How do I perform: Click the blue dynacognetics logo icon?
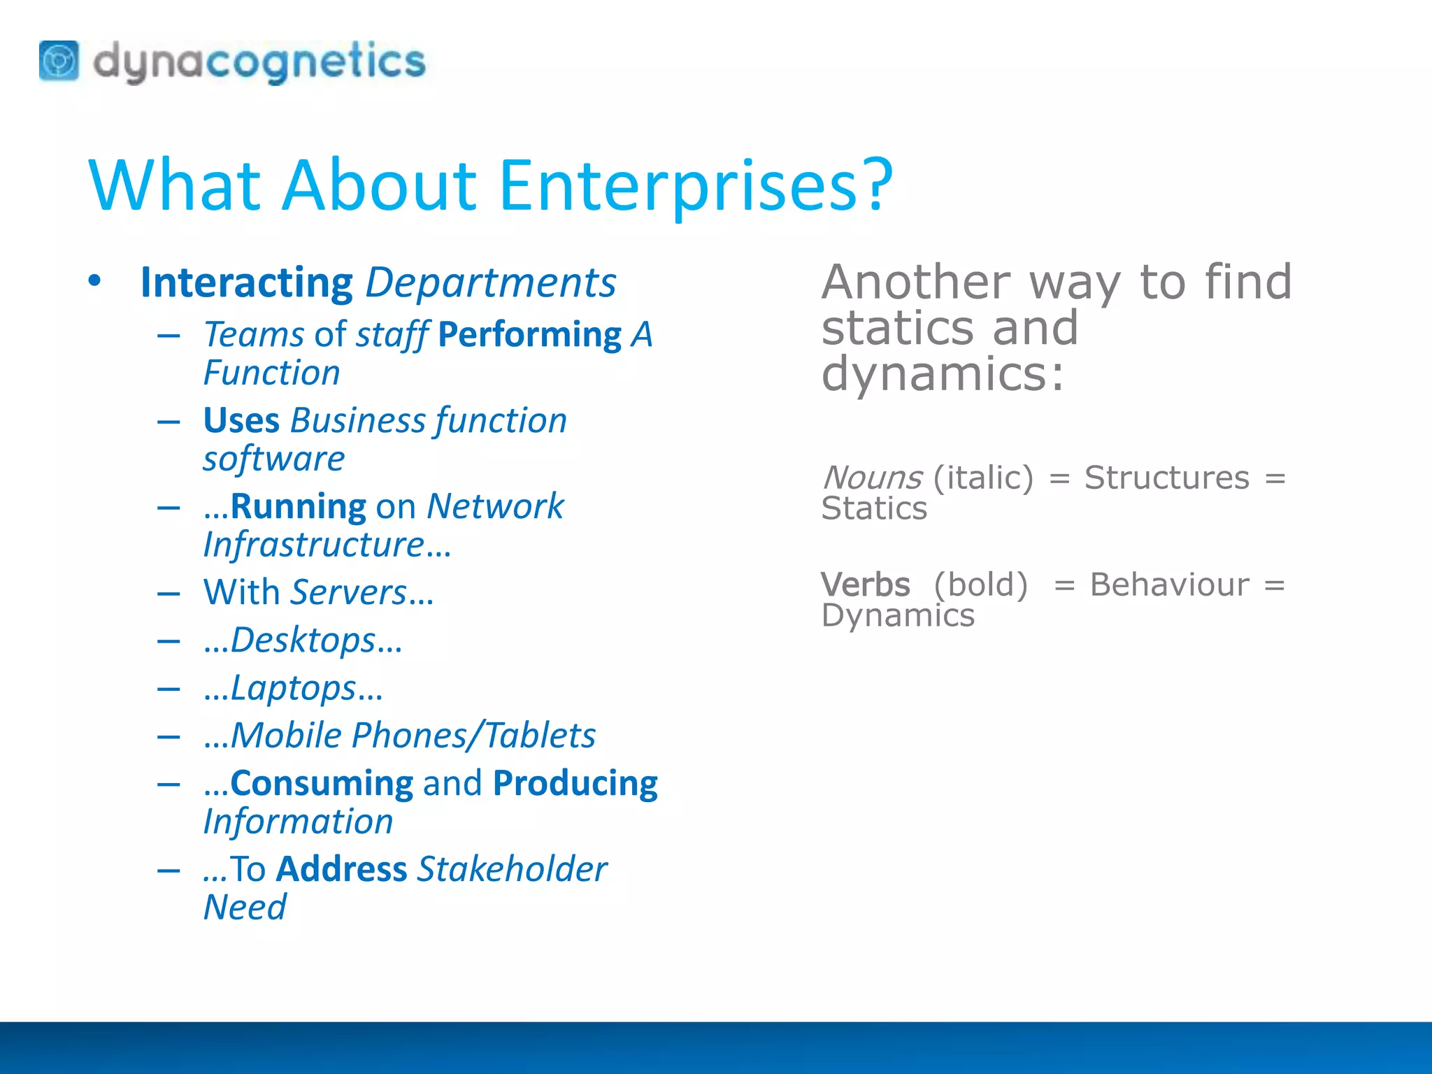click(x=59, y=61)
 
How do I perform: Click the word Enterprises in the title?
click(x=696, y=185)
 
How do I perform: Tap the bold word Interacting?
click(x=246, y=283)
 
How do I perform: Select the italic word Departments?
click(x=491, y=283)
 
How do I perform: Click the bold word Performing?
click(x=529, y=334)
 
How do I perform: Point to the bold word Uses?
click(x=241, y=420)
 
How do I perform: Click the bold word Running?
click(x=298, y=506)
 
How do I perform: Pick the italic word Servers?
click(x=349, y=592)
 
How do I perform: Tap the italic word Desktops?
click(x=303, y=640)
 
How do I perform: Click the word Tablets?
click(x=540, y=736)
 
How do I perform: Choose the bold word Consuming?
click(x=322, y=783)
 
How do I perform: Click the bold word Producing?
click(x=575, y=783)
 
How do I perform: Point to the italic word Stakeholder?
click(x=513, y=869)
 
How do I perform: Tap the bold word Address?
click(x=341, y=869)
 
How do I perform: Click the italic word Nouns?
click(x=873, y=478)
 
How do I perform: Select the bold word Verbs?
click(x=866, y=585)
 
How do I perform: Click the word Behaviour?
click(x=1169, y=585)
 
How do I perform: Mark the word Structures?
click(x=1166, y=478)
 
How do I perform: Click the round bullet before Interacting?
click(x=95, y=282)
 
